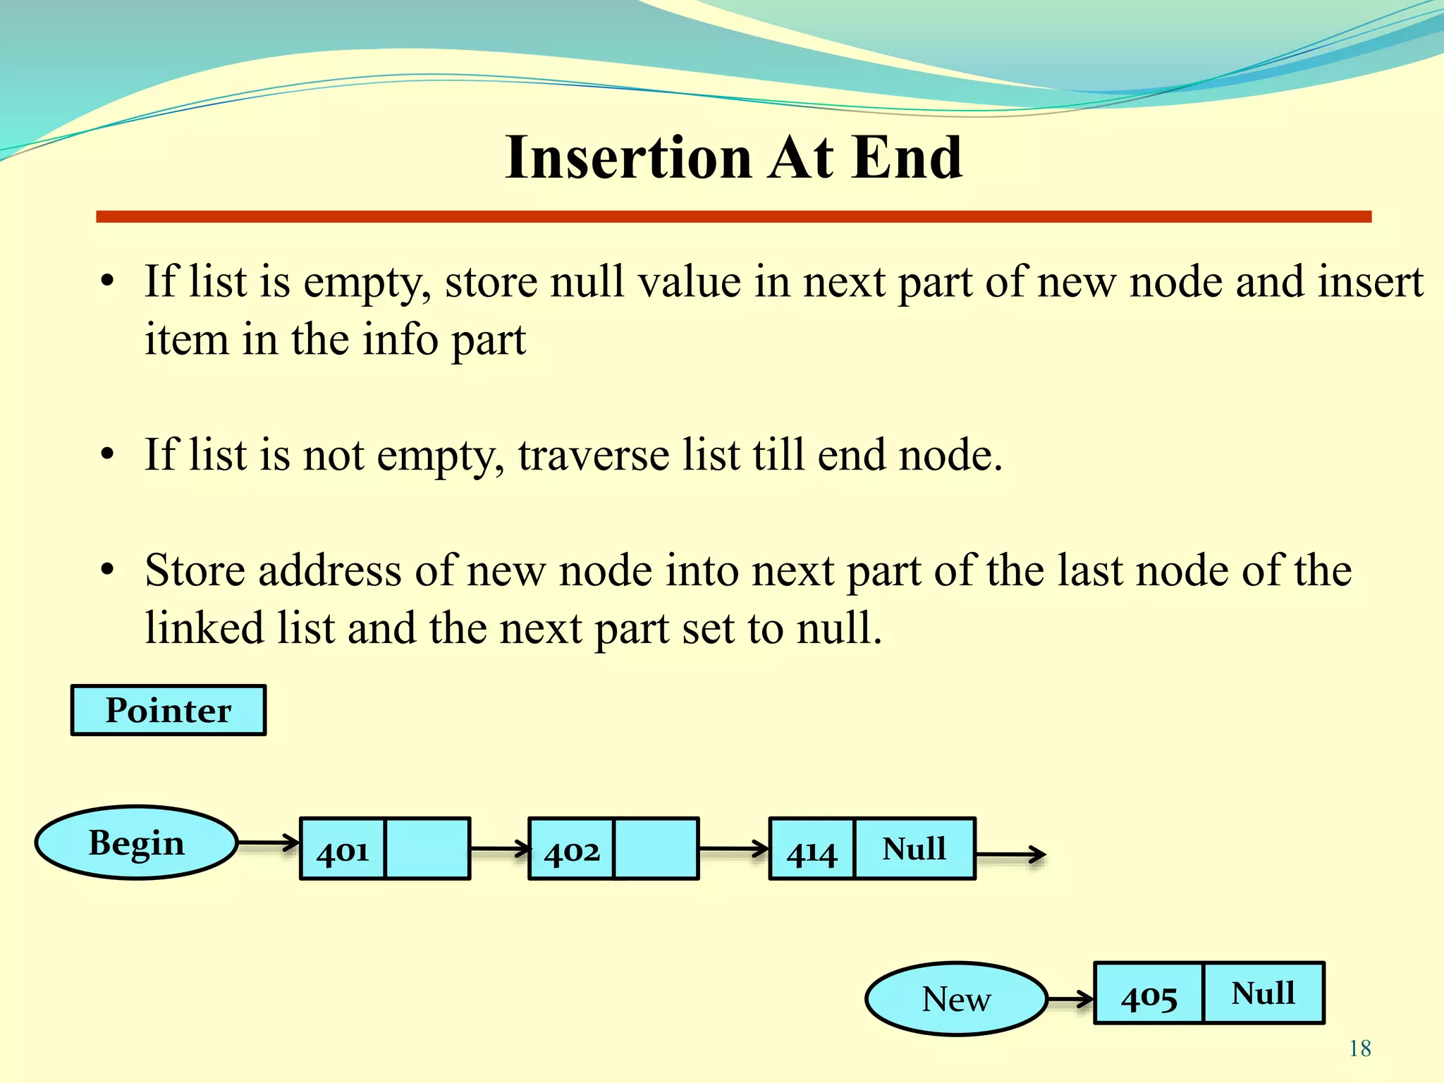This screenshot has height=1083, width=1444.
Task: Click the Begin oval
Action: click(x=136, y=843)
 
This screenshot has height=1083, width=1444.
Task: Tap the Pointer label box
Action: click(x=169, y=710)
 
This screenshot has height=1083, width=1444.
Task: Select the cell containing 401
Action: click(x=343, y=849)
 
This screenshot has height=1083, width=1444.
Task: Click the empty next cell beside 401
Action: click(x=427, y=848)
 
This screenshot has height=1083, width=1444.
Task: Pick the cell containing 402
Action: click(x=572, y=849)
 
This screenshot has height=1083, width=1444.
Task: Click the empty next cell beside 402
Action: click(x=656, y=848)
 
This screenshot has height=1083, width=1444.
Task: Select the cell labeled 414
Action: click(x=812, y=849)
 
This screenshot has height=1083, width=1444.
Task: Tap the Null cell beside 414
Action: click(x=914, y=848)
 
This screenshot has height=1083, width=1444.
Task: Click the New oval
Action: click(x=956, y=999)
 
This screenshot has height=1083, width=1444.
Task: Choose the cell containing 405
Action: click(x=1149, y=993)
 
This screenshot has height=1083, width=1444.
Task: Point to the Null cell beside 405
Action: click(x=1263, y=993)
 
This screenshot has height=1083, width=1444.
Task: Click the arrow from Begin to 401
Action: click(x=269, y=843)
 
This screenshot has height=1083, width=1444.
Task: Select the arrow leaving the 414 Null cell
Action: click(x=1010, y=855)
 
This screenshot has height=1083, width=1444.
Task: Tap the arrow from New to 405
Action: click(x=1070, y=999)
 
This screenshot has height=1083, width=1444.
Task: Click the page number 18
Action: click(x=1360, y=1048)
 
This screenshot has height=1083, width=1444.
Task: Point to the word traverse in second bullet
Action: click(x=593, y=455)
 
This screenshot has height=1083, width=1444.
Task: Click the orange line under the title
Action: click(x=733, y=216)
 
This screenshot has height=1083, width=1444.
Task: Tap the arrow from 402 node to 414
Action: click(x=733, y=849)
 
